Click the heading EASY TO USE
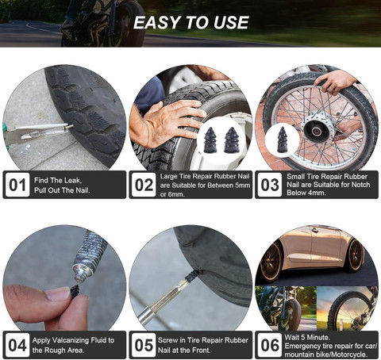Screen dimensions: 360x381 coord(190,21)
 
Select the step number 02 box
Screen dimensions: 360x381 coord(144,185)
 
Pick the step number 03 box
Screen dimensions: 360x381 coord(270,185)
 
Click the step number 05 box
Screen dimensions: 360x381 coord(144,345)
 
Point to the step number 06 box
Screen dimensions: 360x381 coord(270,345)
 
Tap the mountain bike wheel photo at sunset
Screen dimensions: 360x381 coord(347,308)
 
